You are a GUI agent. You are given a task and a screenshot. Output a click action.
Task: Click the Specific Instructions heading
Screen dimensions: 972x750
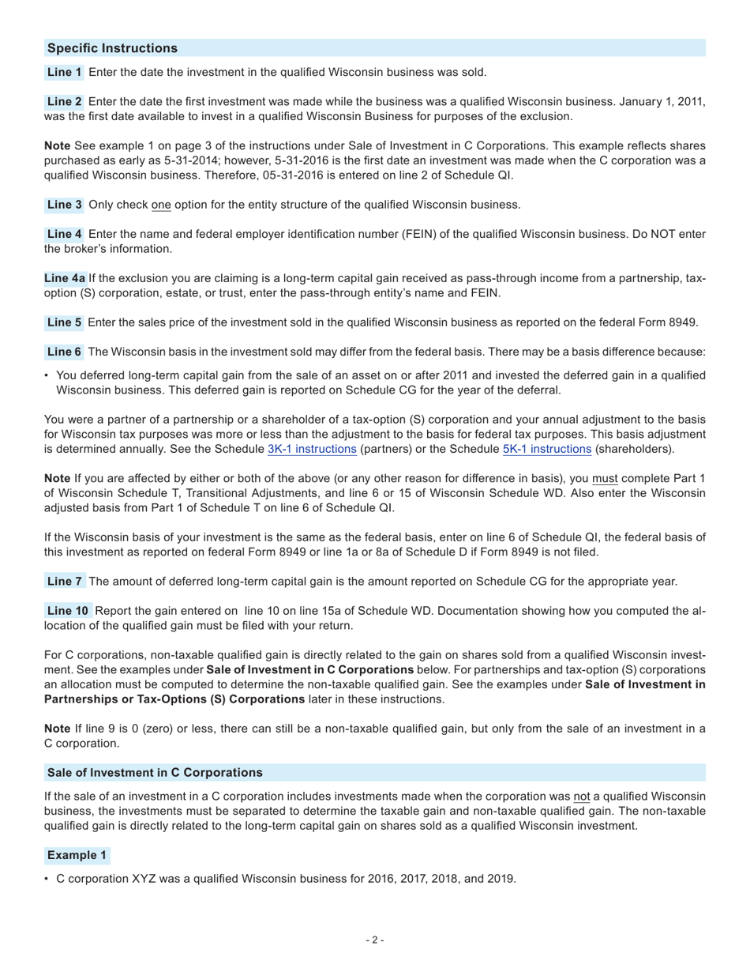(112, 48)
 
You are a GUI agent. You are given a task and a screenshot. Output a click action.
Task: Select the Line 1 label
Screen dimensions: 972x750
(65, 73)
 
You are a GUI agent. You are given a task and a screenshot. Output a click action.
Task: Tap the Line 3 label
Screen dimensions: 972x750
(65, 205)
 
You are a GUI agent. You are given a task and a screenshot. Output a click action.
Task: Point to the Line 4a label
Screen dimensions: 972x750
(65, 278)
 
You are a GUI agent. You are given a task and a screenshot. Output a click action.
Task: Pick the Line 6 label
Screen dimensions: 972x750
(65, 352)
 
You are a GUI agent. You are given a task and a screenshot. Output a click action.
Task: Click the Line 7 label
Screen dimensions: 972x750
(65, 582)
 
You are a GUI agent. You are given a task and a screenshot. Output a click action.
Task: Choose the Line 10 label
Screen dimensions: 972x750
(68, 611)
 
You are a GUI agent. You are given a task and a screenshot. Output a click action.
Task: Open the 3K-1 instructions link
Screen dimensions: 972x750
(312, 449)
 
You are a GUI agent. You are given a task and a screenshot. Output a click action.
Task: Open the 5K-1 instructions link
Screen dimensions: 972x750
(546, 449)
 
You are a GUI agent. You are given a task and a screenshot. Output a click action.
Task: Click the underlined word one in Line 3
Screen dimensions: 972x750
(161, 205)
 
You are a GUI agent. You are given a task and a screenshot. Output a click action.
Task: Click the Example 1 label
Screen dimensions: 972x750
(77, 855)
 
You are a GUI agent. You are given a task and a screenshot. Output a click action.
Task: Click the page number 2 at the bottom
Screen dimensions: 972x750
(375, 940)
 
